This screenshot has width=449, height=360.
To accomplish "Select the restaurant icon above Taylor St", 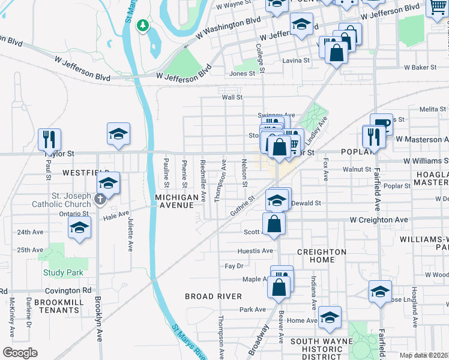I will [49, 139].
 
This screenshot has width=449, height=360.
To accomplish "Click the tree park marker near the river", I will [143, 25].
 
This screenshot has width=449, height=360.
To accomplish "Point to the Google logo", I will [19, 353].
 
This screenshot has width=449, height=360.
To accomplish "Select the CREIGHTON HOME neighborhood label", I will [321, 256].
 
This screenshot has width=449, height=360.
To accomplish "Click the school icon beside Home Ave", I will [330, 318].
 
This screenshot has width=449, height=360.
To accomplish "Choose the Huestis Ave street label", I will [256, 251].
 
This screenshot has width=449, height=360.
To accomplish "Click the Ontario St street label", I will [74, 213].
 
